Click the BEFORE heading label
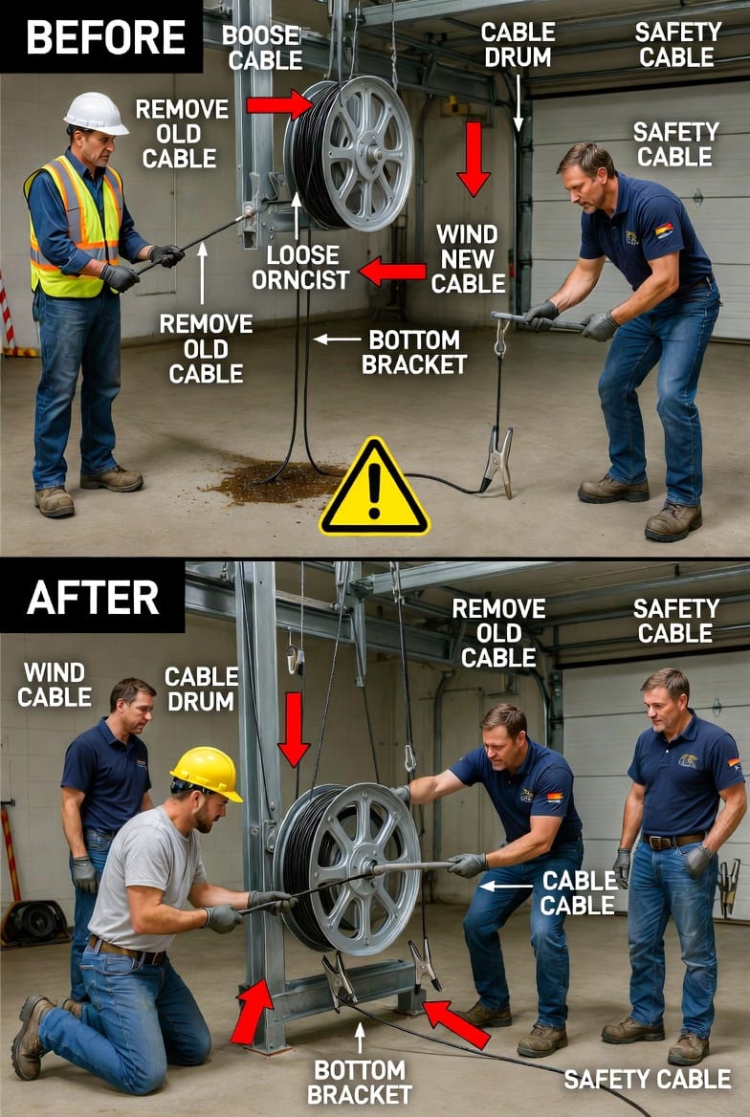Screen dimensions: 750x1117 pyautogui.click(x=105, y=37)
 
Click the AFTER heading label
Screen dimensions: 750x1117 pyautogui.click(x=93, y=598)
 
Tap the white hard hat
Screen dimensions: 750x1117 pyautogui.click(x=96, y=113)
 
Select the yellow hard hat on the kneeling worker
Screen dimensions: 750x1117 pyautogui.click(x=207, y=773)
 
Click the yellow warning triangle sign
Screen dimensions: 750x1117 pyautogui.click(x=374, y=489)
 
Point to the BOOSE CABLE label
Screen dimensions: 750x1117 pyautogui.click(x=262, y=47)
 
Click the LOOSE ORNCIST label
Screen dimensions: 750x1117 pyautogui.click(x=300, y=267)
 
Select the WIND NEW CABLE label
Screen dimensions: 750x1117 pyautogui.click(x=468, y=258)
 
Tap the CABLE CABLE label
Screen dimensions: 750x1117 pyautogui.click(x=578, y=892)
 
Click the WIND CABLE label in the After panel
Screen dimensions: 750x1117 pyautogui.click(x=55, y=684)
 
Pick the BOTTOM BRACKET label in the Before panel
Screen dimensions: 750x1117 pyautogui.click(x=413, y=352)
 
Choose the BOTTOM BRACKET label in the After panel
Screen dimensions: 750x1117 pyautogui.click(x=360, y=1082)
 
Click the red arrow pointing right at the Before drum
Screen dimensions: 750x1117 pyautogui.click(x=279, y=105)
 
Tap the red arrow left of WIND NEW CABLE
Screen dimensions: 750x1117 pyautogui.click(x=392, y=272)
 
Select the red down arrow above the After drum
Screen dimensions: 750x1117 pyautogui.click(x=294, y=729)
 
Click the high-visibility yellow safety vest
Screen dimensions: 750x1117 pyautogui.click(x=74, y=228)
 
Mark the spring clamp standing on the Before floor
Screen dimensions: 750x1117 pyautogui.click(x=498, y=459)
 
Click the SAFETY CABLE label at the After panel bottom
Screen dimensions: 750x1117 pyautogui.click(x=648, y=1079)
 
